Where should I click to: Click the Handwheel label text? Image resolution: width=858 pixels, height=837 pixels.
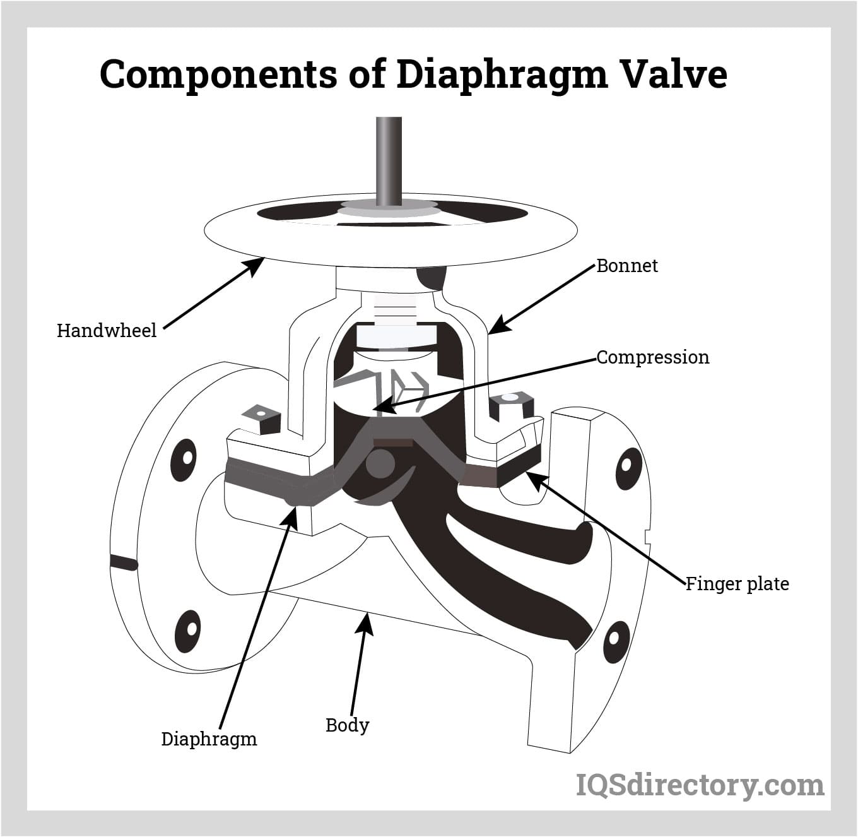106,330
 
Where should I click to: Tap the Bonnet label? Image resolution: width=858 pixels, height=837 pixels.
626,266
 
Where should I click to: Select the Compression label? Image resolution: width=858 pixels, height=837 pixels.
652,357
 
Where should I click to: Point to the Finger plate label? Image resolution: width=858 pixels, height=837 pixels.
737,583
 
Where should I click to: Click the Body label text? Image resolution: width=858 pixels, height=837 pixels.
347,725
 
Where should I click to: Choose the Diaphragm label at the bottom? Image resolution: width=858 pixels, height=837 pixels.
209,739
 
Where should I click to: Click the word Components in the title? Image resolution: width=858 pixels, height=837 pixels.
218,74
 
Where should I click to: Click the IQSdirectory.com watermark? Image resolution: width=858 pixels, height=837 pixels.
700,785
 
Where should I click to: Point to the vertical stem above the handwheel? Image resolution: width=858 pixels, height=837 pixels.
389,158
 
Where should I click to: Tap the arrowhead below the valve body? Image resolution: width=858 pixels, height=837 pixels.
365,625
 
